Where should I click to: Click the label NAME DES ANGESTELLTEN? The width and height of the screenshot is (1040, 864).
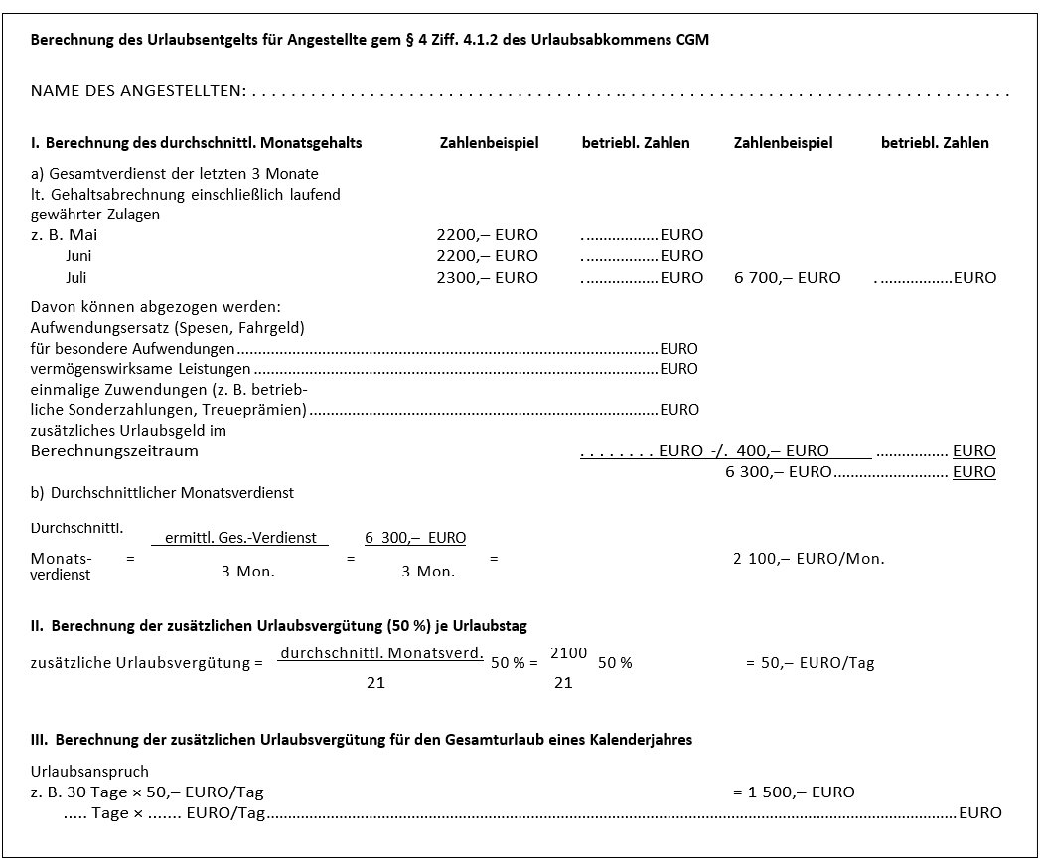click(138, 91)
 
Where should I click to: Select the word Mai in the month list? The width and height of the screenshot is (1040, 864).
click(82, 235)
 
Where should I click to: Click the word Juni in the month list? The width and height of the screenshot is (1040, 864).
click(78, 256)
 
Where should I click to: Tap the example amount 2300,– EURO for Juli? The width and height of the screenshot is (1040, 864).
click(487, 278)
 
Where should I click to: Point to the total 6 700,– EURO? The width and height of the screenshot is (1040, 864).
click(787, 278)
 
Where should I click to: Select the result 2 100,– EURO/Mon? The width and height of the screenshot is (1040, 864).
click(808, 559)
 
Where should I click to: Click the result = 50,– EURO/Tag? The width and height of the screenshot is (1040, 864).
click(810, 663)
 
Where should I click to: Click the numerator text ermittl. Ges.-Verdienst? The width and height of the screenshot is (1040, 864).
click(240, 538)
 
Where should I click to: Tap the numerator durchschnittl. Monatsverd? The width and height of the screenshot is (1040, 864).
click(381, 653)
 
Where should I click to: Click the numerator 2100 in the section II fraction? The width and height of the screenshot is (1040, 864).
click(568, 652)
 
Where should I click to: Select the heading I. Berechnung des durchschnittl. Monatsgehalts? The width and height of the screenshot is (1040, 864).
click(196, 143)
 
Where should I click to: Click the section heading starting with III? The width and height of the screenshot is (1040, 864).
click(362, 740)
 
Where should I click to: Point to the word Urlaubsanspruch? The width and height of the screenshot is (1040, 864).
click(89, 772)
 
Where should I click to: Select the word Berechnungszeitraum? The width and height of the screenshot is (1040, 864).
click(114, 451)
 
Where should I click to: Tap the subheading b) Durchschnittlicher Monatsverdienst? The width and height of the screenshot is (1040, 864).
click(162, 493)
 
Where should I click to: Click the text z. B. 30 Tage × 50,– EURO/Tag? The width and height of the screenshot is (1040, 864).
click(147, 792)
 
